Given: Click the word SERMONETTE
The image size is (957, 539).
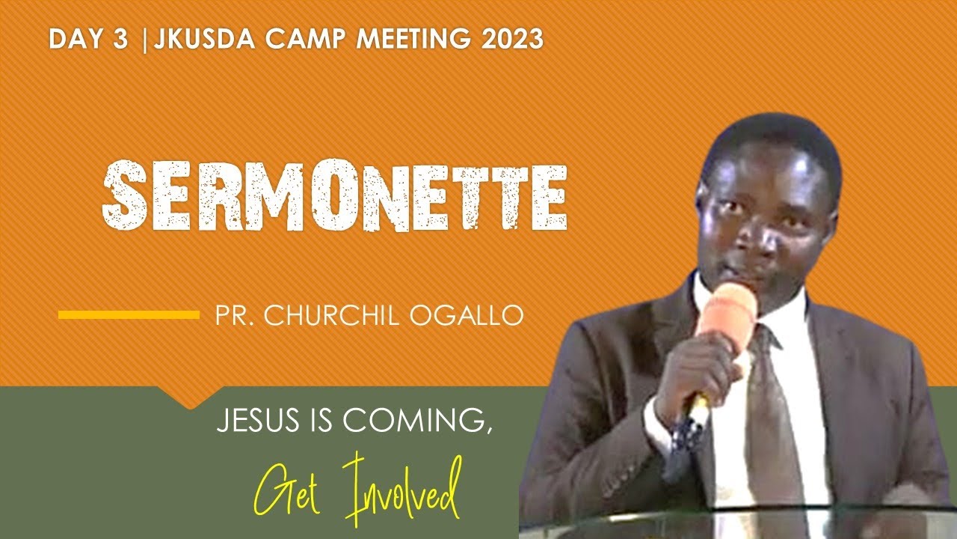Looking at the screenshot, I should tap(334, 196).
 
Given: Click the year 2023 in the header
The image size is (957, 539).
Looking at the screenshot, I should tap(513, 40).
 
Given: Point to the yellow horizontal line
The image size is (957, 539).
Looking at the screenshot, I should tap(129, 315).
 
